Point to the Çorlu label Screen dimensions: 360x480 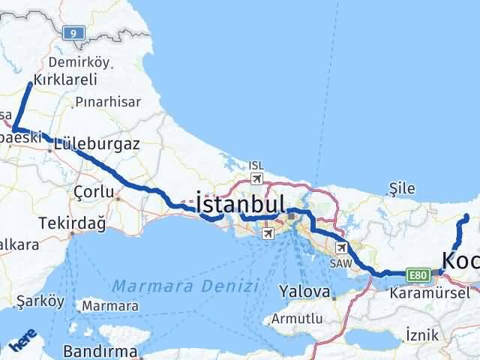click(94, 192)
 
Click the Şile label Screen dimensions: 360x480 click(402, 187)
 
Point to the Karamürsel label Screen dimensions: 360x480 click(429, 293)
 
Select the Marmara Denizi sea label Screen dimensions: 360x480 click(186, 285)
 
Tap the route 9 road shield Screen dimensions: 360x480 click(72, 33)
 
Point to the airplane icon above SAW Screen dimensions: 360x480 click(342, 247)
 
